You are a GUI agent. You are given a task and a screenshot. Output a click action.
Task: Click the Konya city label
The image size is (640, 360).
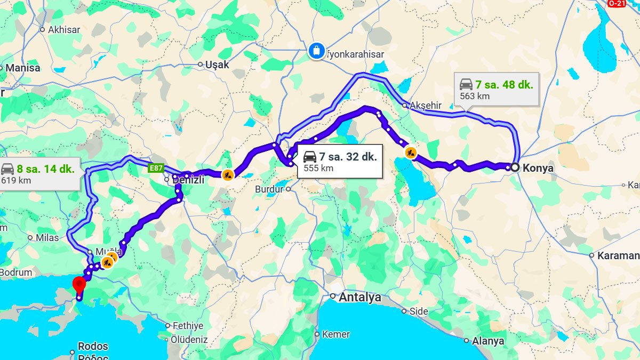538,168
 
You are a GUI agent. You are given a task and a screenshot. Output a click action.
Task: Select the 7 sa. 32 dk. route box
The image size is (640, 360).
340,161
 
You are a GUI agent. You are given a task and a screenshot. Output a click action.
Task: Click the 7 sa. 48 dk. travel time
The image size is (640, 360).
504,84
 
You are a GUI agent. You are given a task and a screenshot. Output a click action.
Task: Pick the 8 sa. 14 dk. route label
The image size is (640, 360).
45,169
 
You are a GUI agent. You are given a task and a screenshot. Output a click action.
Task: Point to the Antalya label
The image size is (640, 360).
360,297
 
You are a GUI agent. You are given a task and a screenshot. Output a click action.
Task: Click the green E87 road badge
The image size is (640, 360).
156,168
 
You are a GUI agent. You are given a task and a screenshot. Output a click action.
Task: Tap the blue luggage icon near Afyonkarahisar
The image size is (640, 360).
316,51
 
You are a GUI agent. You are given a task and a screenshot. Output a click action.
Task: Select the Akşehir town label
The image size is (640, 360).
425,106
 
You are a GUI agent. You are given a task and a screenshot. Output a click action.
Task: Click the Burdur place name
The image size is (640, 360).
270,189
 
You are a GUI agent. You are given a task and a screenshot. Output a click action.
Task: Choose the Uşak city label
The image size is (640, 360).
217,65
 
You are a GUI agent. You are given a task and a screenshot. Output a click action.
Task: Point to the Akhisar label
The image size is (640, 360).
64,30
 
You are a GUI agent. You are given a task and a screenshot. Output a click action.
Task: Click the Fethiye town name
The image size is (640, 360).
187,325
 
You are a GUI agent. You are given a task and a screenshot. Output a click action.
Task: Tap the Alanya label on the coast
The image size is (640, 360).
488,341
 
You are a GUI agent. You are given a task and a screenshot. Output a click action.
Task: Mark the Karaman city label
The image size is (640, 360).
618,255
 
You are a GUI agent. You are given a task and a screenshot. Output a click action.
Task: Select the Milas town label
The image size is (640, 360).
47,238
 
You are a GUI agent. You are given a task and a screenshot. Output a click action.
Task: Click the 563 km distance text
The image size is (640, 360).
475,97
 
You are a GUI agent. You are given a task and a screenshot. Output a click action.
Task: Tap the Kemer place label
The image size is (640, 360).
335,334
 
